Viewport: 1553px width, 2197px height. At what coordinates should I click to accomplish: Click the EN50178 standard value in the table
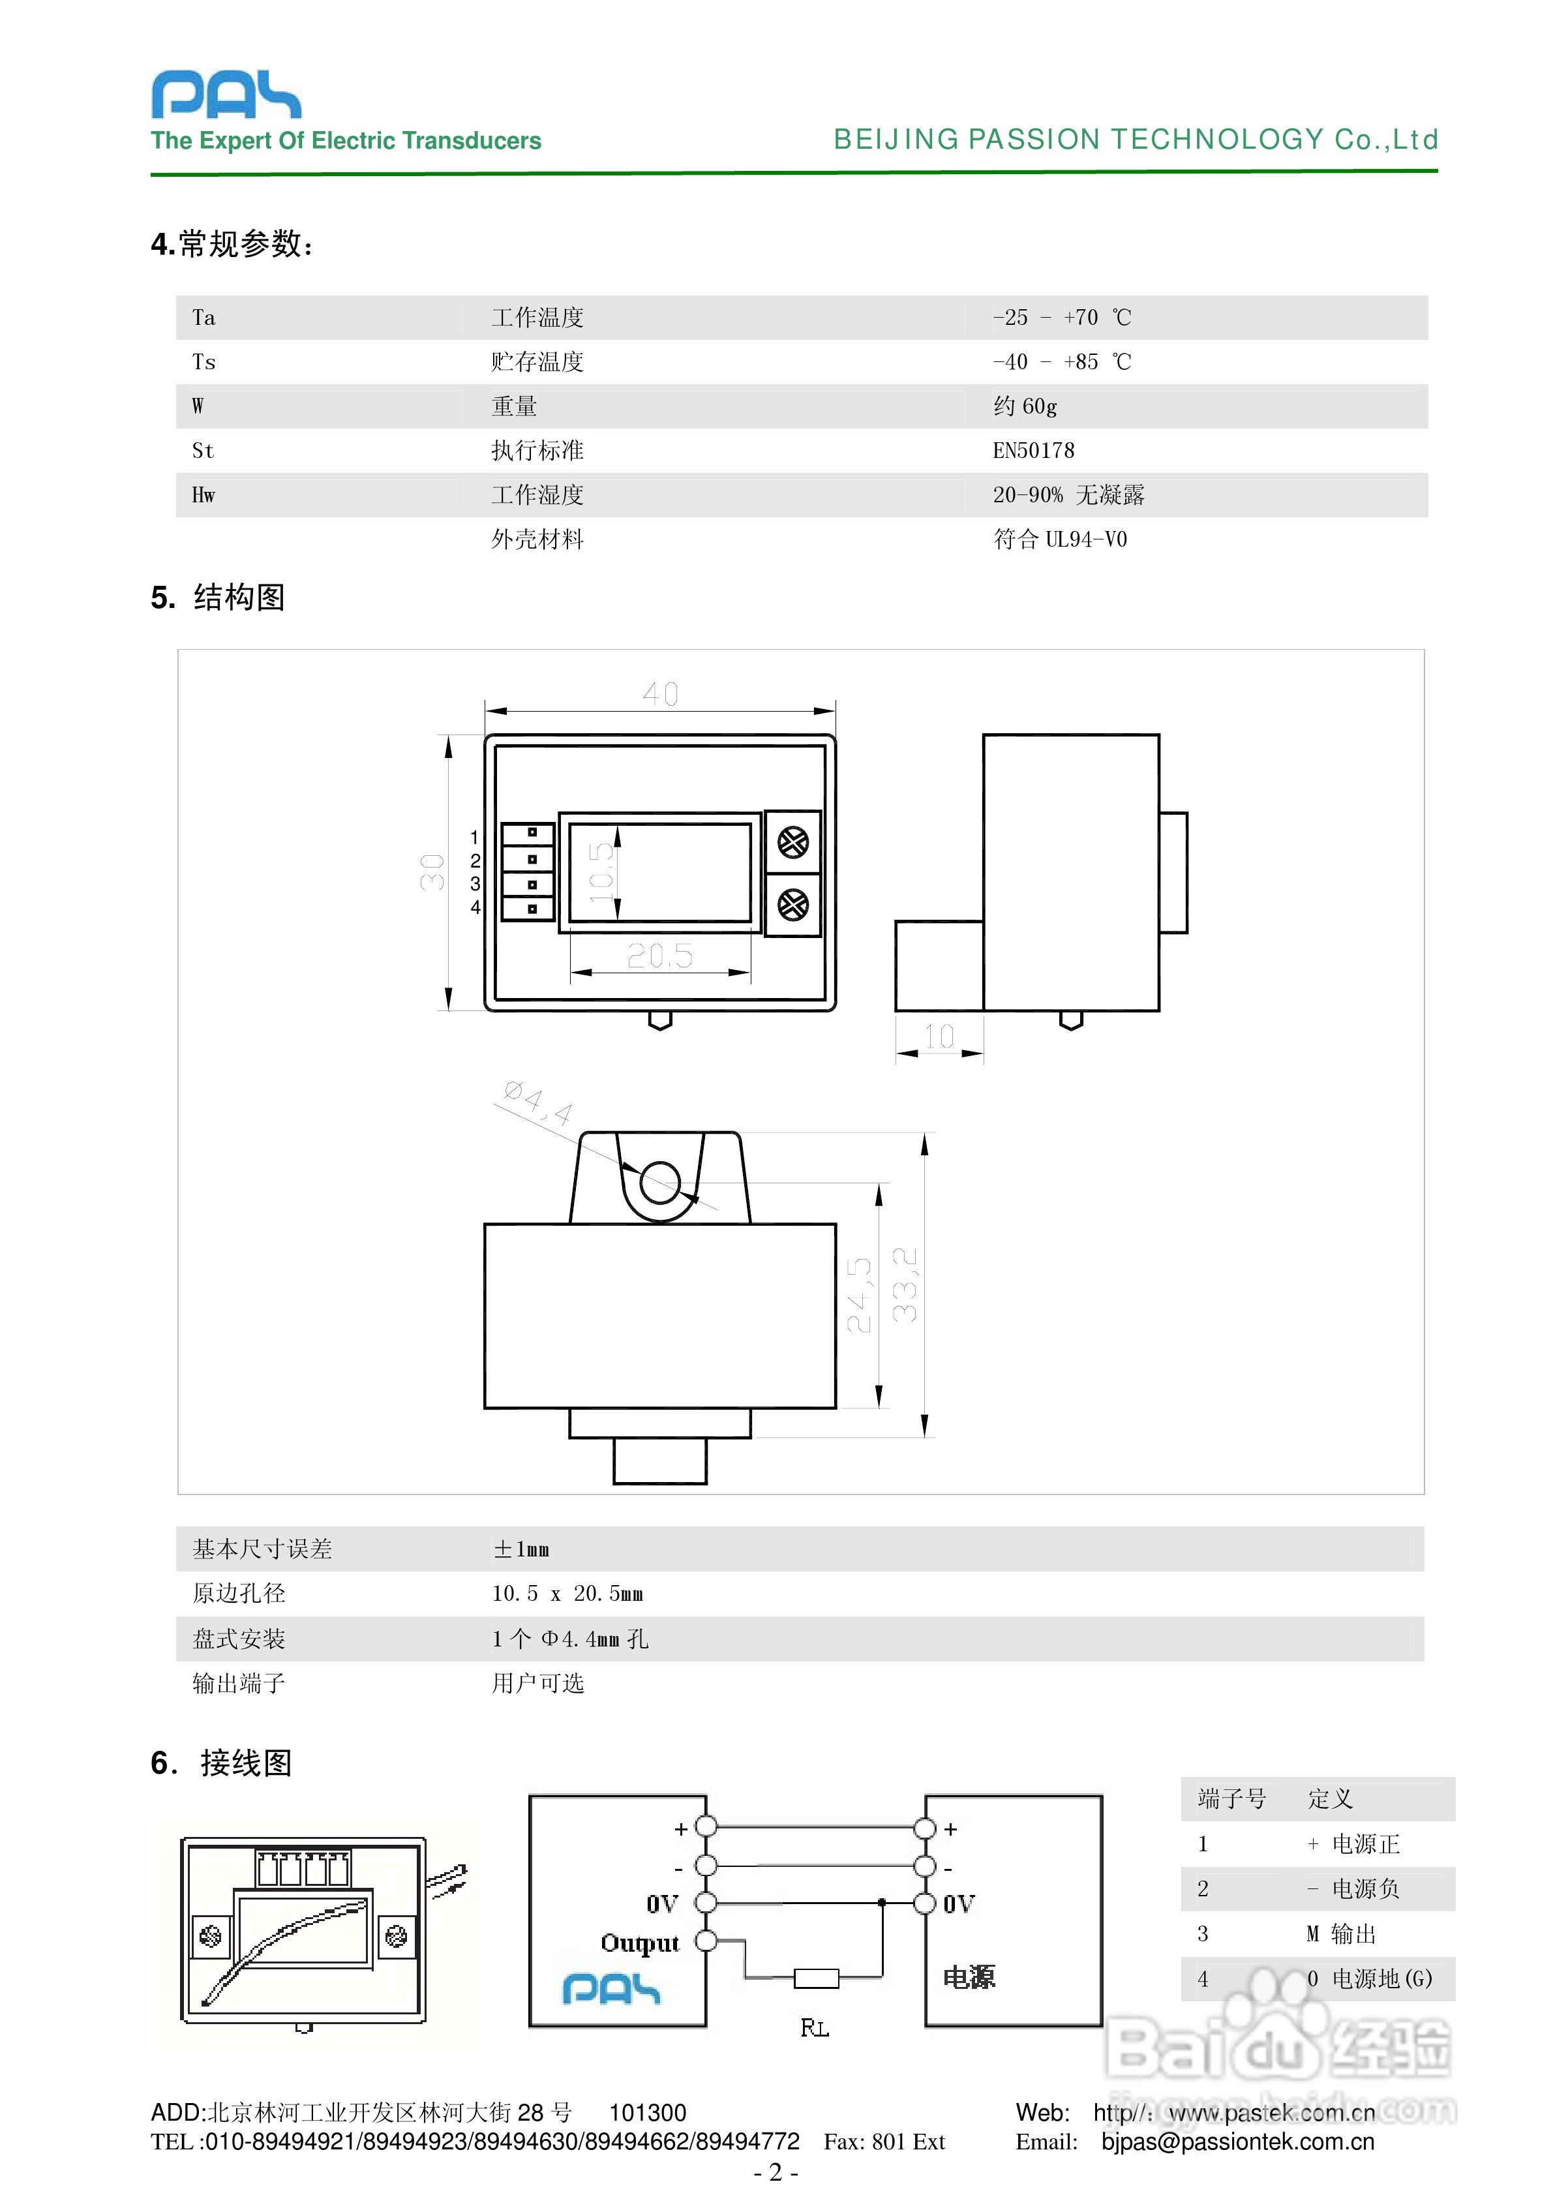1033,451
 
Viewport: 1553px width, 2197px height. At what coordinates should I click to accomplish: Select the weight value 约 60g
1025,406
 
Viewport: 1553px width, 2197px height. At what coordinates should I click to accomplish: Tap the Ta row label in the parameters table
204,318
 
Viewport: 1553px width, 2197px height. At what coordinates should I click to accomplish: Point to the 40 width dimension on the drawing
660,694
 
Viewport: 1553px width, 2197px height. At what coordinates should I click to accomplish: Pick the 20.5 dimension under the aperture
660,955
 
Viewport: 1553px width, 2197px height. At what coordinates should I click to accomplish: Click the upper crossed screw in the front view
792,843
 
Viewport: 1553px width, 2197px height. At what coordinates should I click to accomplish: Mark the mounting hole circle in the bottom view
660,1182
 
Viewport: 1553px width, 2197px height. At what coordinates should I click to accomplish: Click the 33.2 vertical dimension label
904,1284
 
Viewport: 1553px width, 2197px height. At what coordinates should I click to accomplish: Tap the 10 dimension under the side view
939,1037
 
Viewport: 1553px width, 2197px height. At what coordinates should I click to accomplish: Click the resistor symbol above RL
816,1978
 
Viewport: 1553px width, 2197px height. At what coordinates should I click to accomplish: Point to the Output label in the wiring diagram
639,1943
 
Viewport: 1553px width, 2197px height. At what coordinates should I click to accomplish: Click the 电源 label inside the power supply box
969,1977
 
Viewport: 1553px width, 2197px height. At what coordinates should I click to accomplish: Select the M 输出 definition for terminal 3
1342,1934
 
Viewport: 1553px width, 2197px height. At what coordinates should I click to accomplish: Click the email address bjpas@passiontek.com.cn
1237,2142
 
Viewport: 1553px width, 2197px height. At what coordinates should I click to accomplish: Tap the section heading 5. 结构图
218,598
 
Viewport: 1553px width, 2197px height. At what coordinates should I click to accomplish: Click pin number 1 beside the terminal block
475,838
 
